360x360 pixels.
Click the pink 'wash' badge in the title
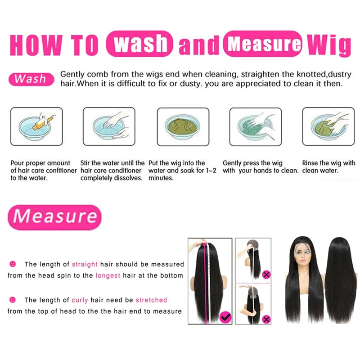(139, 43)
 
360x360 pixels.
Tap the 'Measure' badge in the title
(262, 43)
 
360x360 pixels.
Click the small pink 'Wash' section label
(31, 79)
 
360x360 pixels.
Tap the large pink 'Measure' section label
(54, 217)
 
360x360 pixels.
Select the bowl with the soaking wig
(183, 127)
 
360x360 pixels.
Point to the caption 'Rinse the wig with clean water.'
(328, 166)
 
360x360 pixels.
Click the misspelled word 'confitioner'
(61, 171)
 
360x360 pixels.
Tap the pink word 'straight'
(85, 264)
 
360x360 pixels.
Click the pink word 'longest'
(108, 275)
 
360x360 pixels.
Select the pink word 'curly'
(80, 300)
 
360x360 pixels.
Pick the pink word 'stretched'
(151, 300)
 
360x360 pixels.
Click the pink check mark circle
(225, 317)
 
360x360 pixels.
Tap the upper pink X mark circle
(266, 274)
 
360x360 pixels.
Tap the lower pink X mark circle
(266, 319)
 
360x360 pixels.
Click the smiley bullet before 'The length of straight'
(13, 264)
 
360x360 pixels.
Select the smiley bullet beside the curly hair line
(13, 300)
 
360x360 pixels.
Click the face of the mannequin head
(303, 257)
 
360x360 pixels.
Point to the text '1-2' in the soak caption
(211, 171)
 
